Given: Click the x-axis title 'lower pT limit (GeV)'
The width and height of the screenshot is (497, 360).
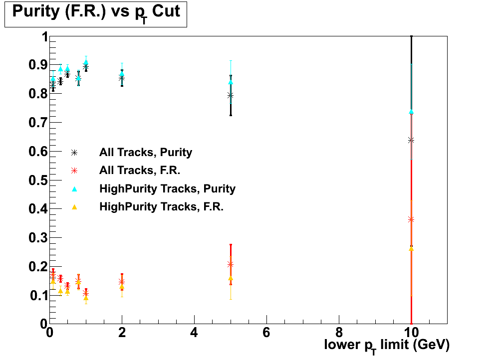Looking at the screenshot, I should point(387,345).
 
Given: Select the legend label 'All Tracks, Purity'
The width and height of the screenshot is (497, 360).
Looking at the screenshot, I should point(145,153).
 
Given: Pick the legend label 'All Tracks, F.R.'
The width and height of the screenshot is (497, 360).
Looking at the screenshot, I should point(139,171).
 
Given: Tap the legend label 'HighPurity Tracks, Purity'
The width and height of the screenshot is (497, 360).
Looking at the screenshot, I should point(167,188).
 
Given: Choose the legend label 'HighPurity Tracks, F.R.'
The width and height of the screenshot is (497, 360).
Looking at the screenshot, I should point(161,206).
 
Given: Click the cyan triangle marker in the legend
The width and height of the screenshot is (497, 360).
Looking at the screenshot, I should point(74,188).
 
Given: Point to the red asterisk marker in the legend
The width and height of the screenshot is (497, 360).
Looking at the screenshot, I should point(74,171).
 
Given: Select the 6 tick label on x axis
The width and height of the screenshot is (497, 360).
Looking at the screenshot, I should point(266,333).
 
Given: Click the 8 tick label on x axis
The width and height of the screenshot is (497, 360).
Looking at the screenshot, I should point(339,333).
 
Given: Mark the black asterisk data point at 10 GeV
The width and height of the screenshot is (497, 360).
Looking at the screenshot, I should point(411,140).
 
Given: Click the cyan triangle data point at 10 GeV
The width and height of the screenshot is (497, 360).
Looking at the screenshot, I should point(411,112).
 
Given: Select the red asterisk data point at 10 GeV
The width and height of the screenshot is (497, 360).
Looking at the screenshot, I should point(411,219).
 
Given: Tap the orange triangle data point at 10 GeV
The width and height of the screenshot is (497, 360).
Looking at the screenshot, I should point(411,248).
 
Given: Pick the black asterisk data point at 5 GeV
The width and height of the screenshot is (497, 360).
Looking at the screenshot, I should point(230,95).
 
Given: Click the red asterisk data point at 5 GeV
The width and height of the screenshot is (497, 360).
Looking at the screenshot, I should point(230,264).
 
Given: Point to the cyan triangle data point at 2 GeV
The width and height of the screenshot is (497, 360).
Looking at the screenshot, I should point(122,74).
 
